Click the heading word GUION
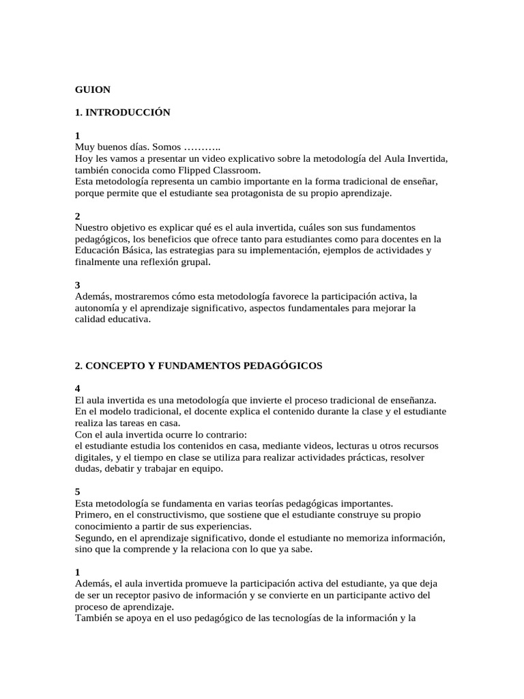(93, 89)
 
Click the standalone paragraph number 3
(78, 285)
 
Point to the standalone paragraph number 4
(78, 388)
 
